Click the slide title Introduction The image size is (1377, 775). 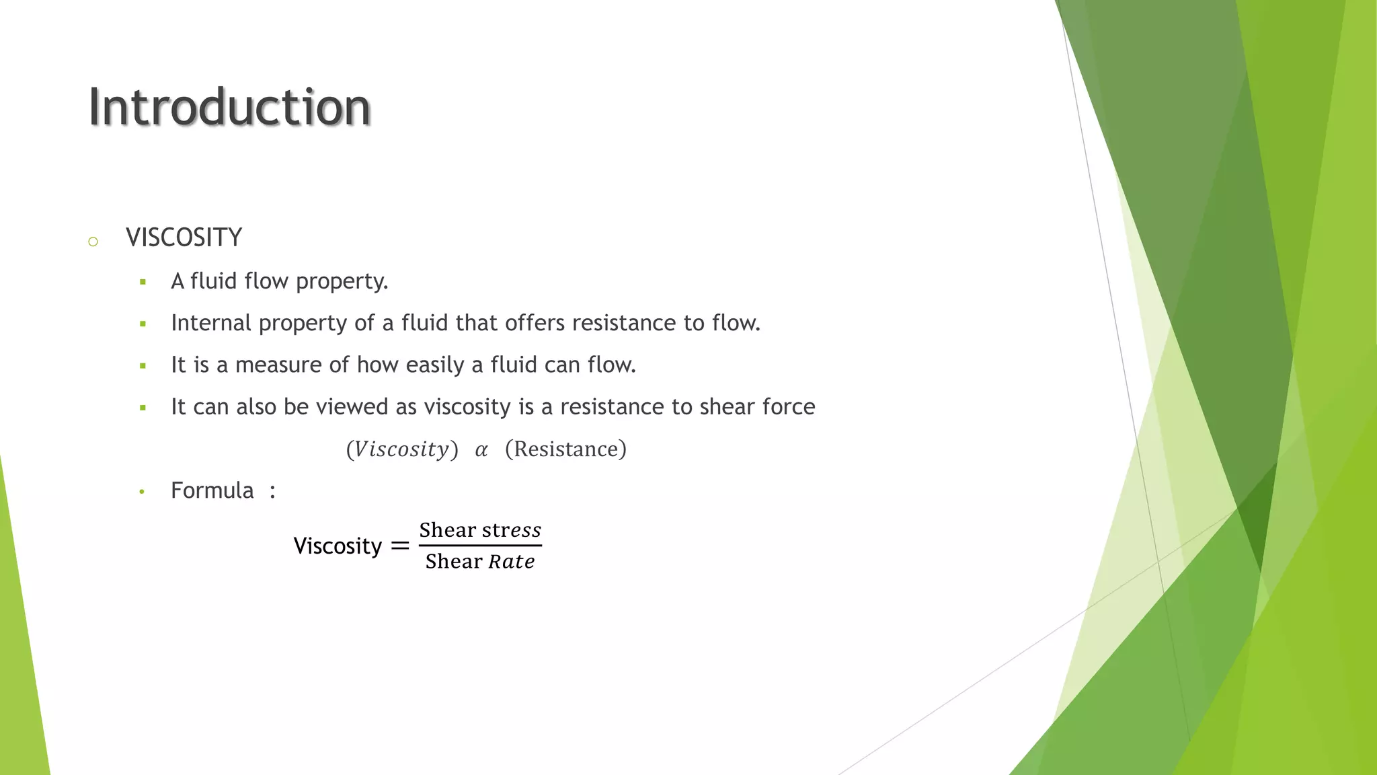[229, 107]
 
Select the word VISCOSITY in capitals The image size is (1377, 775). [184, 238]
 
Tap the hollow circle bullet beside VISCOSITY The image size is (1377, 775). [93, 242]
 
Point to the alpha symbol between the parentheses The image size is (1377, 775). [481, 450]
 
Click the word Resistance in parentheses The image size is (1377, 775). [565, 449]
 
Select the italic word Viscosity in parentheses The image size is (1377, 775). [401, 449]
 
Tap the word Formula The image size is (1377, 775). [212, 490]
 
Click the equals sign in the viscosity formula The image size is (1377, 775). [400, 546]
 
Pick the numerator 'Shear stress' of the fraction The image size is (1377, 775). [480, 530]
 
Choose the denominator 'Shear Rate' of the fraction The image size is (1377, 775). [480, 561]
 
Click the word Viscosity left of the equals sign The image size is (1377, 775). [338, 546]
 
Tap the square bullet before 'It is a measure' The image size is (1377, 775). [143, 366]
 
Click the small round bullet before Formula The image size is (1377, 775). [142, 492]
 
